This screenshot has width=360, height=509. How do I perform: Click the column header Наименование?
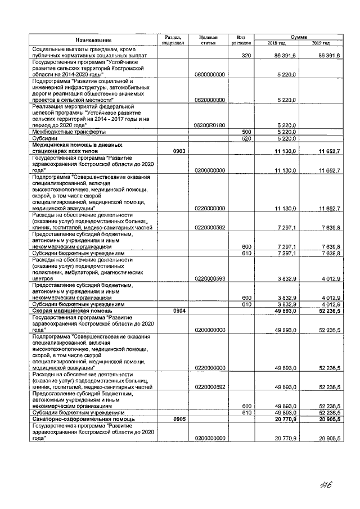coord(92,40)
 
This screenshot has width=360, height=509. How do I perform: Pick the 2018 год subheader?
coord(277,43)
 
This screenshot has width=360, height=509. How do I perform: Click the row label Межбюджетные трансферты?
coord(69,132)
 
